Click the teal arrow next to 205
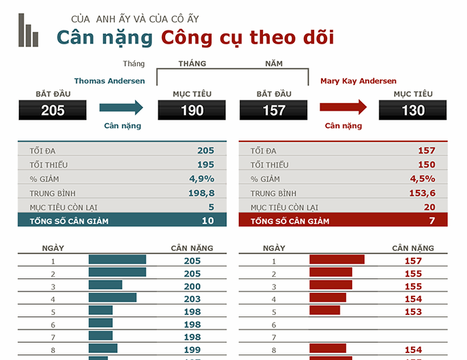(121, 107)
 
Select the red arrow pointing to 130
(343, 107)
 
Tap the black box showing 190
(192, 110)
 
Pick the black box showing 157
(274, 110)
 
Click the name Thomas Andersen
(109, 81)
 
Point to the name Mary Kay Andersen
(358, 81)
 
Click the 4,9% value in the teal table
(201, 179)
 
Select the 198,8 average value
(201, 193)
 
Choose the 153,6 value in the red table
(422, 193)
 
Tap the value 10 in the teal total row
(208, 221)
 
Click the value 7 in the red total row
(432, 221)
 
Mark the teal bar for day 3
(105, 285)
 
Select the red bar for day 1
(336, 260)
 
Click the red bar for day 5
(324, 311)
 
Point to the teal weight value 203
(192, 298)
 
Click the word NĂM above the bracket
(274, 64)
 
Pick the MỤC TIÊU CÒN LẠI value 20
(429, 207)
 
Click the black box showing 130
(413, 110)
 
